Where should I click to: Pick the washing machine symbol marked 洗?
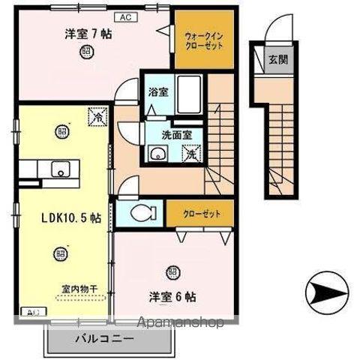pos(192,154)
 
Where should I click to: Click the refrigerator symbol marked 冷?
pos(97,118)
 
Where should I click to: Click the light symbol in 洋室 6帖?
pos(174,271)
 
